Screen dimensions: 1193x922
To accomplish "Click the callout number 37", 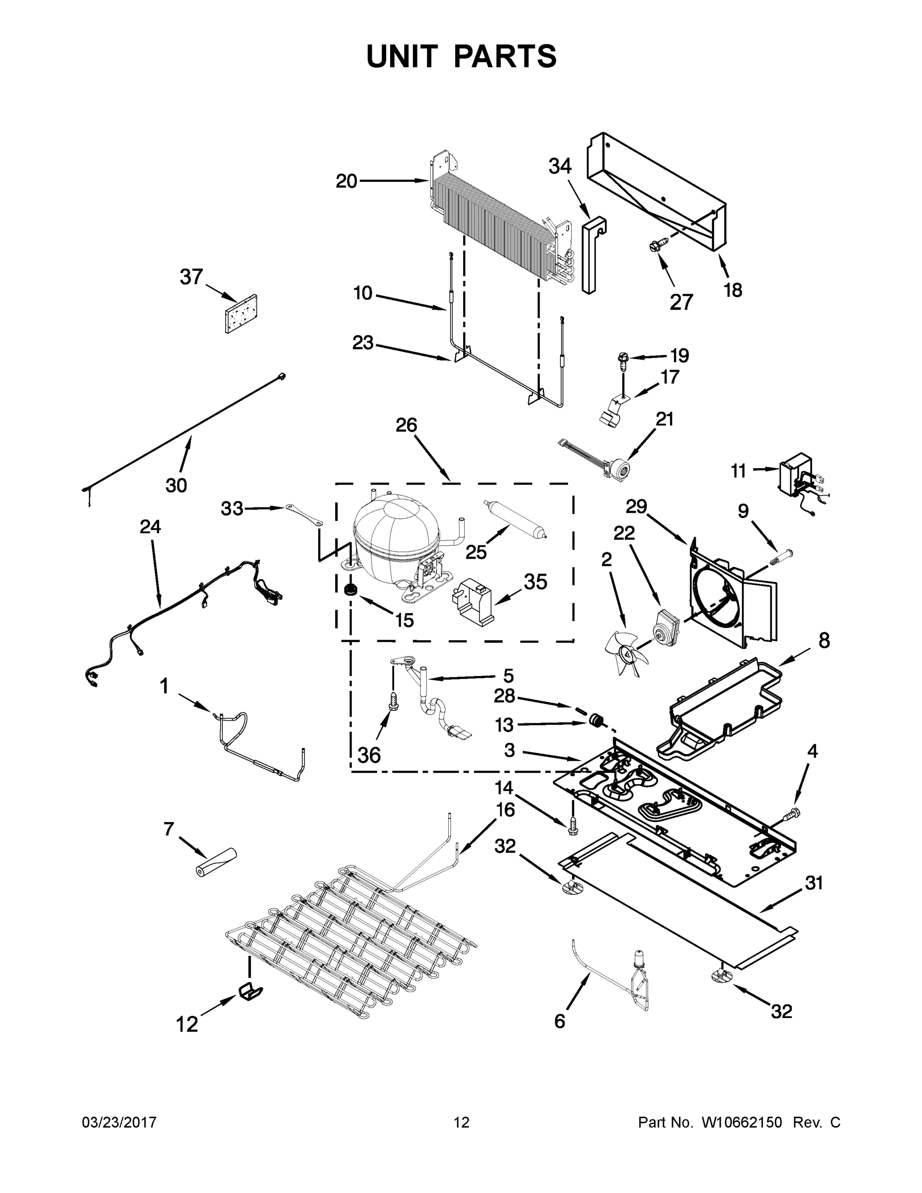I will point(191,277).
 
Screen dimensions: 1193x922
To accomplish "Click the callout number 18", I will point(733,290).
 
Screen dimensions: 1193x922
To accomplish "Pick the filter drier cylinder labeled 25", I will point(514,521).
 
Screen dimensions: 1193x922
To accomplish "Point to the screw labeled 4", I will point(791,830).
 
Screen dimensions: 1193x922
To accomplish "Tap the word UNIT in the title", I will point(402,57).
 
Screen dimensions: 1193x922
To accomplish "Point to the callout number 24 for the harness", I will point(150,526).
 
